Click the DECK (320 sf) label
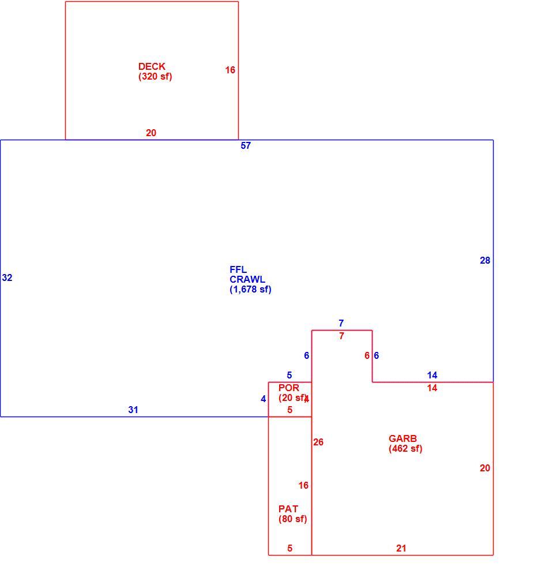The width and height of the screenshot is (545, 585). [155, 72]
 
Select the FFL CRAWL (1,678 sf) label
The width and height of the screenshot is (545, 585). [250, 279]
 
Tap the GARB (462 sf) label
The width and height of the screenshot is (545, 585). [405, 444]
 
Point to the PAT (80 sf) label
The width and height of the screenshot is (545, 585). [292, 514]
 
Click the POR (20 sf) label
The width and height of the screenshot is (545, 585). [293, 393]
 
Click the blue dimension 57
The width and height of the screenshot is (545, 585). [246, 145]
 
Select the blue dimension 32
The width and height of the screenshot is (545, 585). [7, 277]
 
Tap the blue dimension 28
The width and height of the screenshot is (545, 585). [484, 260]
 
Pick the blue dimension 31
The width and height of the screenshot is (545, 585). [133, 410]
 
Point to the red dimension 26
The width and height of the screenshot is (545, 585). [318, 442]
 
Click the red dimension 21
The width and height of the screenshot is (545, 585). [401, 548]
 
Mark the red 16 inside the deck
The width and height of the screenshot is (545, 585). [230, 70]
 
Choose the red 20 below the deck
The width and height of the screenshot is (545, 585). [151, 133]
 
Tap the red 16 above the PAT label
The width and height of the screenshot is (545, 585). [303, 485]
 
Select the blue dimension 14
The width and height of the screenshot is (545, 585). [432, 375]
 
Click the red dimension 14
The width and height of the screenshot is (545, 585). [432, 388]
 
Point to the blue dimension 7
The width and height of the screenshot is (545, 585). [341, 323]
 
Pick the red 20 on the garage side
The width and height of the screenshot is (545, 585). [484, 468]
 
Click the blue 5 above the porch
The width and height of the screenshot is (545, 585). [289, 375]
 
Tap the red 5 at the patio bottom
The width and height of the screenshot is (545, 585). [290, 548]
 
